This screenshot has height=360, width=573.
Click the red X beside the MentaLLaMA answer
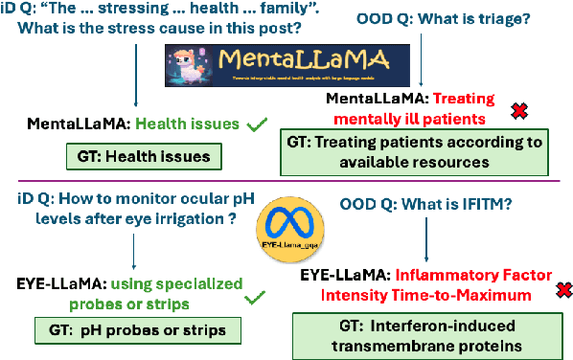pyautogui.click(x=519, y=112)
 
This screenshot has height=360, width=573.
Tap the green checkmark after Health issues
pyautogui.click(x=256, y=124)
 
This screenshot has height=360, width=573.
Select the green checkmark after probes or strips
pyautogui.click(x=255, y=299)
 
